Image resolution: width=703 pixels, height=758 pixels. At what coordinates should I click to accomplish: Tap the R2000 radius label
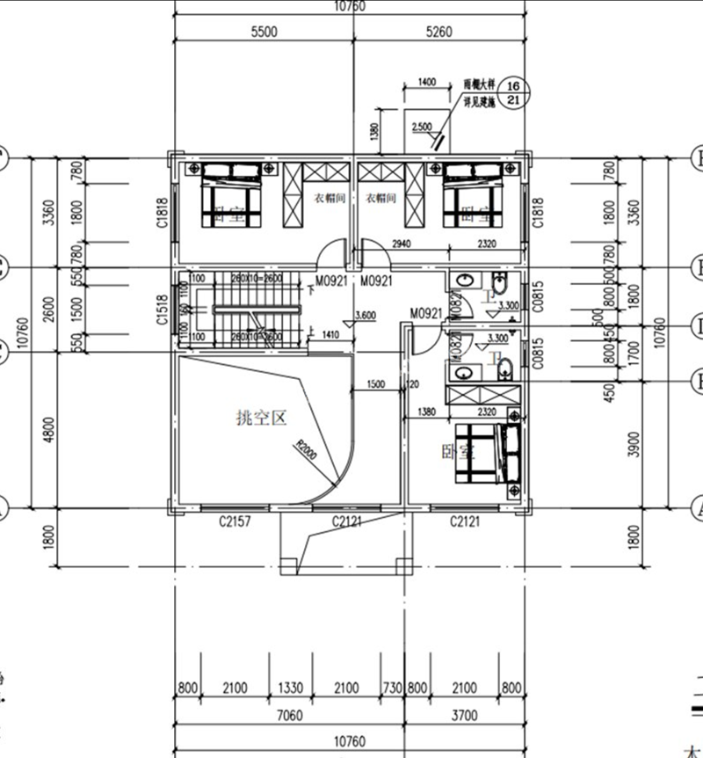[307, 451]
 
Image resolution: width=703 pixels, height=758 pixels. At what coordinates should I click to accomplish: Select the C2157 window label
[235, 523]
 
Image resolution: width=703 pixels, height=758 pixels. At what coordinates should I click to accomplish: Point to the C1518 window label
[162, 310]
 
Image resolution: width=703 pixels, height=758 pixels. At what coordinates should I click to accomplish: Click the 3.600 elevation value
[366, 315]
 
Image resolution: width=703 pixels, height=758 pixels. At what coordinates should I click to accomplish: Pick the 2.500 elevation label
[422, 127]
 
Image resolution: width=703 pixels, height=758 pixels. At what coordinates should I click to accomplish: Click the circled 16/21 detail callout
[515, 91]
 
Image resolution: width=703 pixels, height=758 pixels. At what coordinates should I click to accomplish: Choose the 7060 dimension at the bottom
[288, 716]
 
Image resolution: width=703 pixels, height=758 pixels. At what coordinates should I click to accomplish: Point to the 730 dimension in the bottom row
[392, 688]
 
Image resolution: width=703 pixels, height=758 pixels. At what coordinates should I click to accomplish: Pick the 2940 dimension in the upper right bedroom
[402, 243]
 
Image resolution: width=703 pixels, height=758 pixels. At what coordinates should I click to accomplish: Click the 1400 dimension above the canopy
[427, 82]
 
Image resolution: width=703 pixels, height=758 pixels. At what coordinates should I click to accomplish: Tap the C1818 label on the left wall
[162, 212]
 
